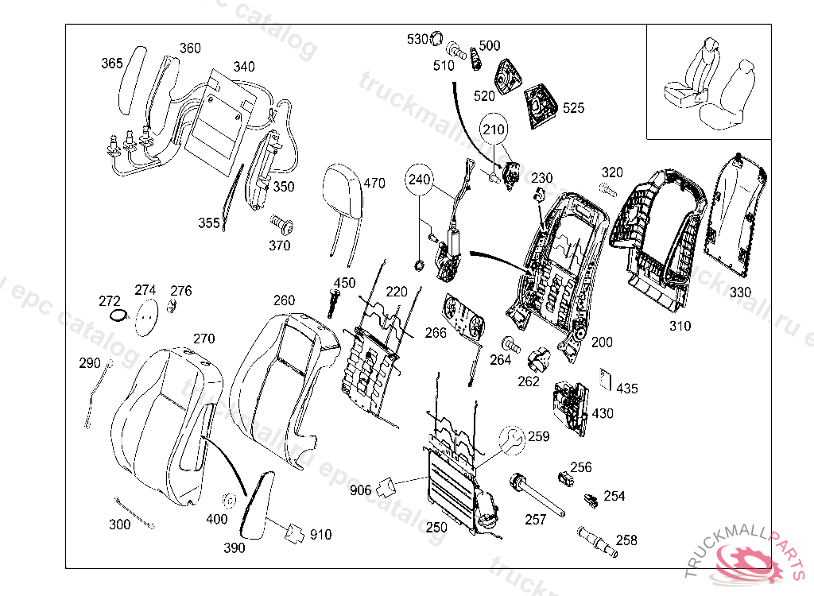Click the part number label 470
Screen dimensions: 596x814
tap(374, 184)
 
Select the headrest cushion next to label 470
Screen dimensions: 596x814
tap(342, 191)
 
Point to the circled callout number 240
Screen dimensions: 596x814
tap(421, 180)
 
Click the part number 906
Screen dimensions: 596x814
tap(360, 490)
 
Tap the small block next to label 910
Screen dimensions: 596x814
tap(295, 532)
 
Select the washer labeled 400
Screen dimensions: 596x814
tap(230, 501)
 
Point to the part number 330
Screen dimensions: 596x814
tap(740, 292)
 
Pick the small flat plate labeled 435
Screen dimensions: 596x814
tap(606, 379)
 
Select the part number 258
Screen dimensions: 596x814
tap(626, 540)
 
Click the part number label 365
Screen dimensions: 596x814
tap(111, 63)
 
